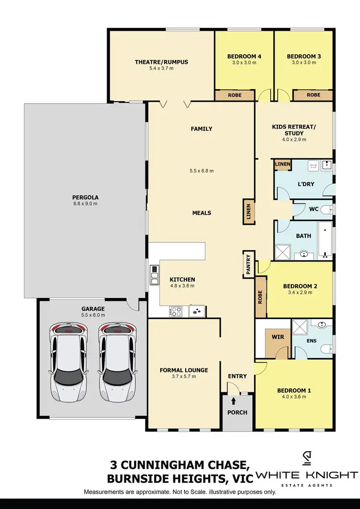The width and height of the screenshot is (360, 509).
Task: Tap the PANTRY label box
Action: [x=249, y=264]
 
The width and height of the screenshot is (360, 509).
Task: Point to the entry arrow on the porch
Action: [x=233, y=401]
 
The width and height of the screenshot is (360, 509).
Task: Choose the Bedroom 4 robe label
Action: [x=235, y=95]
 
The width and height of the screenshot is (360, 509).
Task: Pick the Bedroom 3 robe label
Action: [x=313, y=95]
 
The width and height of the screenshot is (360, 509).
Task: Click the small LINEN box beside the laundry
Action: [x=282, y=165]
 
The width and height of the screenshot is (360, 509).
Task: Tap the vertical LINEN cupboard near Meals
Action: [x=249, y=212]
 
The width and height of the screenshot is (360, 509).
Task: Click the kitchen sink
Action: [x=196, y=311]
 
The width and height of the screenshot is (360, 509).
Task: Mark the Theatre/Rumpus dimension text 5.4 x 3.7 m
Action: [x=161, y=69]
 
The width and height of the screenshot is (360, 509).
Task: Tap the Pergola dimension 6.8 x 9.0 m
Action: [x=85, y=204]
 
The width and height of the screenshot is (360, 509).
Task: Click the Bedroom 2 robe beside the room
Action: [x=260, y=296]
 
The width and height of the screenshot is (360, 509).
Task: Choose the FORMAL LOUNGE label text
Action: [x=184, y=370]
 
